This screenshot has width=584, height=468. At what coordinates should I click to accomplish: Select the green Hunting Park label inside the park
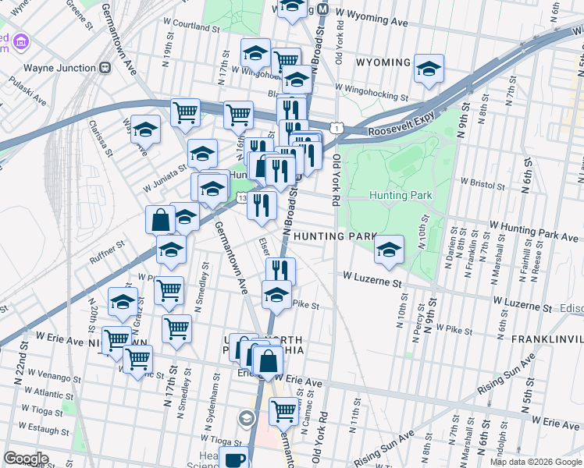pyautogui.click(x=394, y=195)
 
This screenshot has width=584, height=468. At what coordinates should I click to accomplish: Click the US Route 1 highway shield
pyautogui.click(x=337, y=126)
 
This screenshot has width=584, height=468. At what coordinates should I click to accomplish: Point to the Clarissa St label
pyautogui.click(x=97, y=134)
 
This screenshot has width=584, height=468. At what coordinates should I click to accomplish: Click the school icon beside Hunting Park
pyautogui.click(x=388, y=249)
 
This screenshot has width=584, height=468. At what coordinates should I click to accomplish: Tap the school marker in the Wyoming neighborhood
pyautogui.click(x=429, y=68)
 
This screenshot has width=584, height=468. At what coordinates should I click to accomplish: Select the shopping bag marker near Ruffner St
pyautogui.click(x=160, y=219)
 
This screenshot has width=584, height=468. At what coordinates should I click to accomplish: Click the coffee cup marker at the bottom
pyautogui.click(x=233, y=458)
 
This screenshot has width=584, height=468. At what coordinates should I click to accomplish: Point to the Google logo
pyautogui.click(x=26, y=459)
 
